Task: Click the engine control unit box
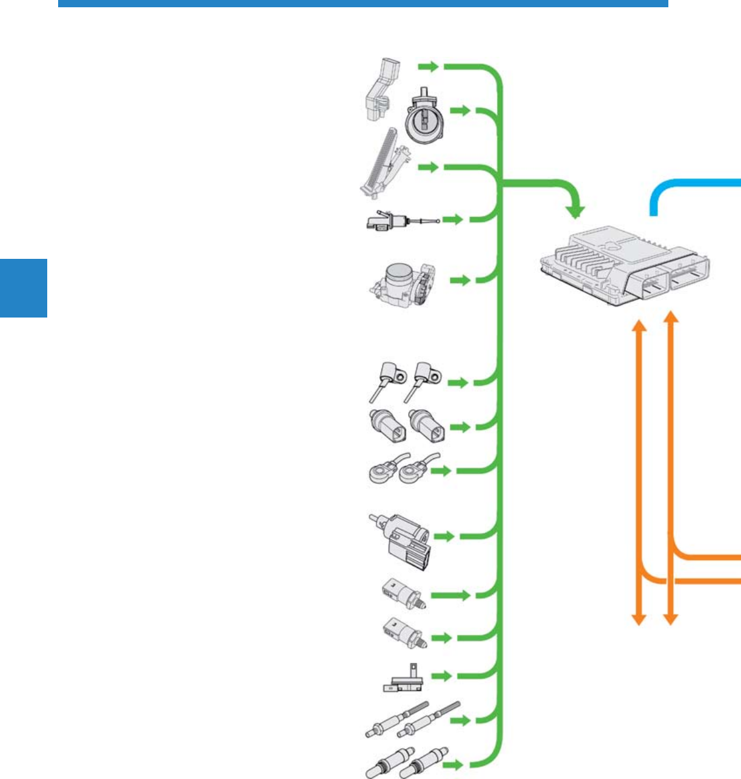point(624,266)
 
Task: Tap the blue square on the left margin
point(23,288)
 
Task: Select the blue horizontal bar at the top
point(363,4)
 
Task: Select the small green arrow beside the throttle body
point(461,281)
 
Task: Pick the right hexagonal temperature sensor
point(427,426)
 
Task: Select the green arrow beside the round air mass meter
point(462,111)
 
